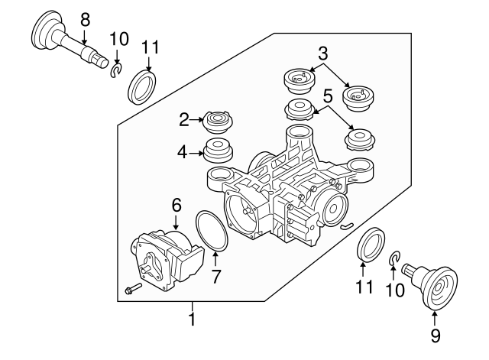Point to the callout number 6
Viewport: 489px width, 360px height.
click(x=176, y=205)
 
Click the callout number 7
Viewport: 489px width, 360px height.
click(x=215, y=277)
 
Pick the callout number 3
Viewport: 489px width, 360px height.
click(x=323, y=53)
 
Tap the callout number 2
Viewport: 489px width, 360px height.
click(x=184, y=118)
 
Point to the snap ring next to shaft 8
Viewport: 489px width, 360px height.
click(x=116, y=71)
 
